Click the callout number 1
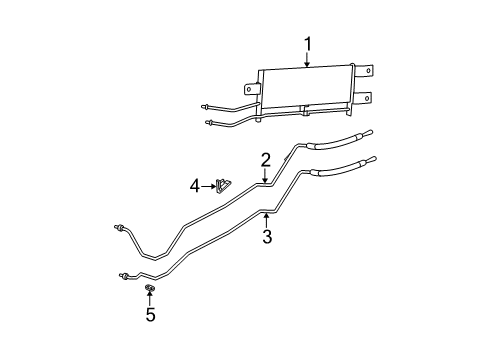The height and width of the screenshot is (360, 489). tap(308, 43)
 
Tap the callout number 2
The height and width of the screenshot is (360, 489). tap(266, 159)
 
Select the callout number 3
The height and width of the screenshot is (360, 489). tap(267, 236)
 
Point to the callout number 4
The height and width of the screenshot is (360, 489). tap(197, 185)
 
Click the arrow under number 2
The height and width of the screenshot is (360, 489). tap(266, 175)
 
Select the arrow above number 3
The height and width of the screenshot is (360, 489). tap(267, 218)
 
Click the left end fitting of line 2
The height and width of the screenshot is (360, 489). tap(120, 228)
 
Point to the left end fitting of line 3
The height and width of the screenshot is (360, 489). tap(122, 273)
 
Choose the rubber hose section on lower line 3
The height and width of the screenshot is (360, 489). tap(341, 169)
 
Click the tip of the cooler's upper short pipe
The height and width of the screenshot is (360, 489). tap(204, 106)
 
